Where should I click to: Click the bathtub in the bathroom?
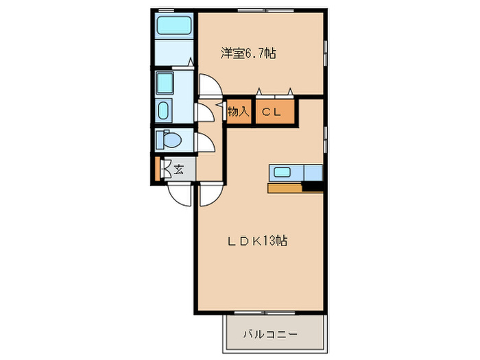pyautogui.click(x=174, y=26)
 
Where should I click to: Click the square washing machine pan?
pyautogui.click(x=166, y=83)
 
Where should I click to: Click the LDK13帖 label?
pyautogui.click(x=258, y=241)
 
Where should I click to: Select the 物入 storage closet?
pyautogui.click(x=237, y=112)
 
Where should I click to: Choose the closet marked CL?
pyautogui.click(x=276, y=112)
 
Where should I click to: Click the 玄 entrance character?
pyautogui.click(x=178, y=169)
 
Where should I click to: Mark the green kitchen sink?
pyautogui.click(x=283, y=172)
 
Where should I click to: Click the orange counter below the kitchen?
pyautogui.click(x=285, y=188)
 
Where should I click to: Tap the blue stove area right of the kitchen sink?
pyautogui.click(x=313, y=172)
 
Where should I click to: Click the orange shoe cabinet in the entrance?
pyautogui.click(x=158, y=169)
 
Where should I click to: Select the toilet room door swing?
pyautogui.click(x=205, y=143)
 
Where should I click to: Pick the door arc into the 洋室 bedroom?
pyautogui.click(x=208, y=85)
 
